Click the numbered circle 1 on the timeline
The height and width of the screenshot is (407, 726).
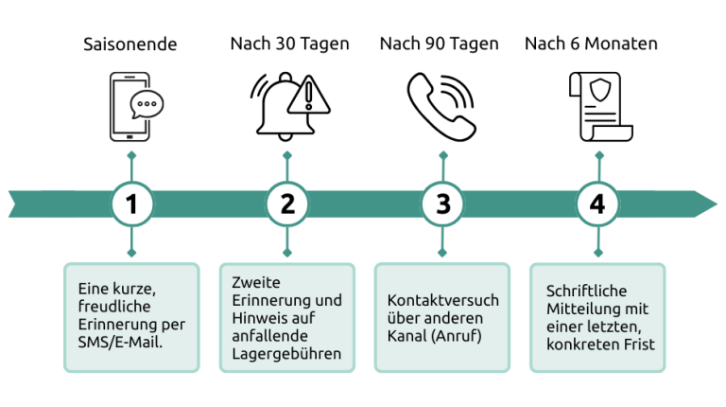pyautogui.click(x=132, y=203)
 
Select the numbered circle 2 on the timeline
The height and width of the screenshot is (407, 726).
pyautogui.click(x=287, y=203)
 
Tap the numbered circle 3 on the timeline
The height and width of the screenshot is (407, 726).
pyautogui.click(x=442, y=203)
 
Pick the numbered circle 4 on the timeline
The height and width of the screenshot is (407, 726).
pyautogui.click(x=597, y=203)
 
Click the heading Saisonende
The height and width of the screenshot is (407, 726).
pyautogui.click(x=130, y=44)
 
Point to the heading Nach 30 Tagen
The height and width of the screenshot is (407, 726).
pyautogui.click(x=290, y=44)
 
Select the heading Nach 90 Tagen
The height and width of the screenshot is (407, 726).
pyautogui.click(x=440, y=44)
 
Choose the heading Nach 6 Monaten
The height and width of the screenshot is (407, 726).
pyautogui.click(x=591, y=44)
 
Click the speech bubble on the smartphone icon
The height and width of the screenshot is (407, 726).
pyautogui.click(x=147, y=104)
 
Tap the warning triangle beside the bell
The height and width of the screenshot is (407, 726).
pyautogui.click(x=309, y=96)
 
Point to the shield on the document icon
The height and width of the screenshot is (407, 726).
pyautogui.click(x=600, y=89)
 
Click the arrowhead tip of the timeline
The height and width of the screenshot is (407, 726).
pyautogui.click(x=717, y=203)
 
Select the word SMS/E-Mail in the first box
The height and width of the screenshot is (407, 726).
pyautogui.click(x=120, y=343)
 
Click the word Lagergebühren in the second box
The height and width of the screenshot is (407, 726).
pyautogui.click(x=286, y=354)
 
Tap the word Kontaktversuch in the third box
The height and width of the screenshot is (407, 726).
pyautogui.click(x=443, y=300)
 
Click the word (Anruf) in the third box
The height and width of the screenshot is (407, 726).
pyautogui.click(x=457, y=336)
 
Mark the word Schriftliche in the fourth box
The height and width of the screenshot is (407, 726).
pyautogui.click(x=587, y=292)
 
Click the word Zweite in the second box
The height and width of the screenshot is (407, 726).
pyautogui.click(x=256, y=282)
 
